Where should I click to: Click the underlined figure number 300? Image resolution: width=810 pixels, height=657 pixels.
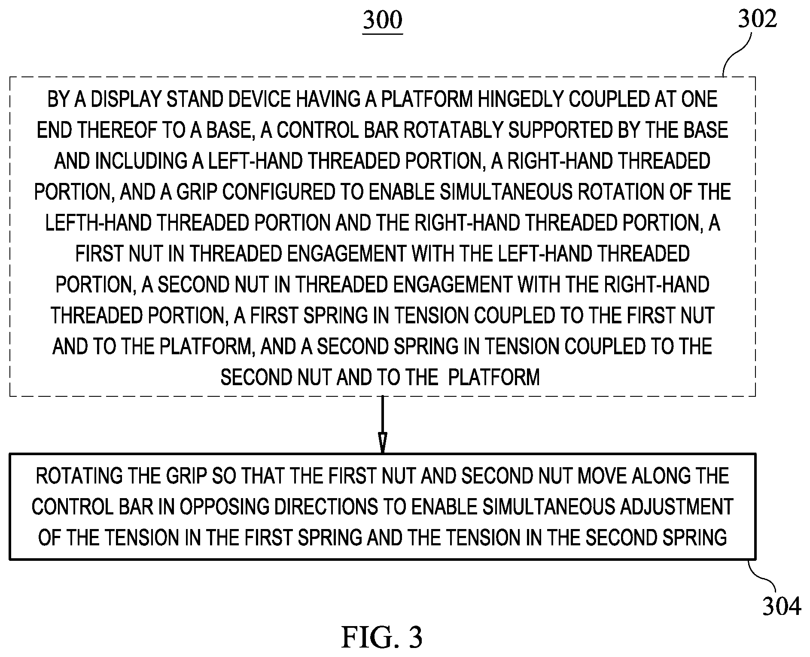tap(383, 21)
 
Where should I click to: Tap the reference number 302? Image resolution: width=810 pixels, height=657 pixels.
tap(758, 19)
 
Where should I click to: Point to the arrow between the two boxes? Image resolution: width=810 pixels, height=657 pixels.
tap(382, 424)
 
